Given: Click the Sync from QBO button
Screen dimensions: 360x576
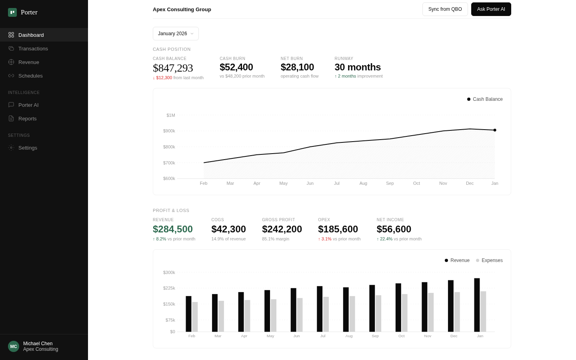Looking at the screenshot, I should [x=445, y=9].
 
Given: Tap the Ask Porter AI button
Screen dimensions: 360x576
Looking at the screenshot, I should [x=491, y=9].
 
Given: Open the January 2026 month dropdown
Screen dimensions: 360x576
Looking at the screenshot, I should [x=176, y=34].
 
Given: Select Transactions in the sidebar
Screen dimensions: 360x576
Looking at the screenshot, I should [x=33, y=48].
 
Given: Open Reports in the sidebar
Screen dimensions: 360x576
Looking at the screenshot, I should [x=27, y=118].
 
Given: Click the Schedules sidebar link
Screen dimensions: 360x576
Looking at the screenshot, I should [x=30, y=76].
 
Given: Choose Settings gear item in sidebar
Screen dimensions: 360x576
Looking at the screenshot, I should [x=28, y=148].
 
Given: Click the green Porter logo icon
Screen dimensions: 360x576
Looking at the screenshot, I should [x=12, y=12].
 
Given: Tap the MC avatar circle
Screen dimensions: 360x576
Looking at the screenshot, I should [x=14, y=346].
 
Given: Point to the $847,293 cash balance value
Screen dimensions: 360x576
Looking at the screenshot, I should [x=173, y=68].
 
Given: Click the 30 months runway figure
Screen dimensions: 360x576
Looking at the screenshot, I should [x=358, y=67].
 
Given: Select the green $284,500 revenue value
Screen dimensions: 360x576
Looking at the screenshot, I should [x=173, y=229].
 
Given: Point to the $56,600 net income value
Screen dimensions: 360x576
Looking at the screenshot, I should [x=394, y=229].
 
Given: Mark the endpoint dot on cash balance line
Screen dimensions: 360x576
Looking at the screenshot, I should [x=495, y=130].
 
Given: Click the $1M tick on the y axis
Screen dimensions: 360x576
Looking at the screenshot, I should [x=171, y=115].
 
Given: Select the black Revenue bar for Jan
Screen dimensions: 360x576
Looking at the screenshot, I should [x=477, y=305].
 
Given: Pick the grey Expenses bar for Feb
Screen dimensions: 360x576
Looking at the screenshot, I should [x=195, y=317].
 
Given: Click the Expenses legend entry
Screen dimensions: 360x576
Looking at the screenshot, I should [x=489, y=260].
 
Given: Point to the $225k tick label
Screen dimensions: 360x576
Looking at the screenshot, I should [x=169, y=288].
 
